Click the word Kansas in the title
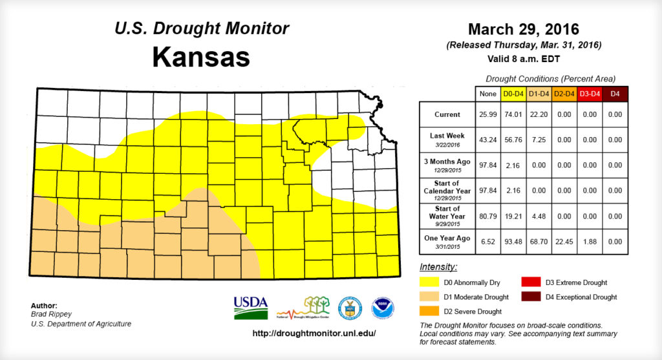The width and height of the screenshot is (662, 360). (201, 57)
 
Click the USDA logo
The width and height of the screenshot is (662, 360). (250, 307)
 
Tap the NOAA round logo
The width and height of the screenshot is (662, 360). (383, 308)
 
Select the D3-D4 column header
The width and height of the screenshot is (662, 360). (589, 94)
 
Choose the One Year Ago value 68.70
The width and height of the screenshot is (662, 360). (539, 238)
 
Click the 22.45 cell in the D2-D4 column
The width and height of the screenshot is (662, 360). (564, 238)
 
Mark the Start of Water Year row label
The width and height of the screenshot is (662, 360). (447, 213)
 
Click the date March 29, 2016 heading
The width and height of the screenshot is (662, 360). (523, 30)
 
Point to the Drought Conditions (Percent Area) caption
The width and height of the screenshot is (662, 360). (550, 78)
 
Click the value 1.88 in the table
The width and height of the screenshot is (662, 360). (589, 238)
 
